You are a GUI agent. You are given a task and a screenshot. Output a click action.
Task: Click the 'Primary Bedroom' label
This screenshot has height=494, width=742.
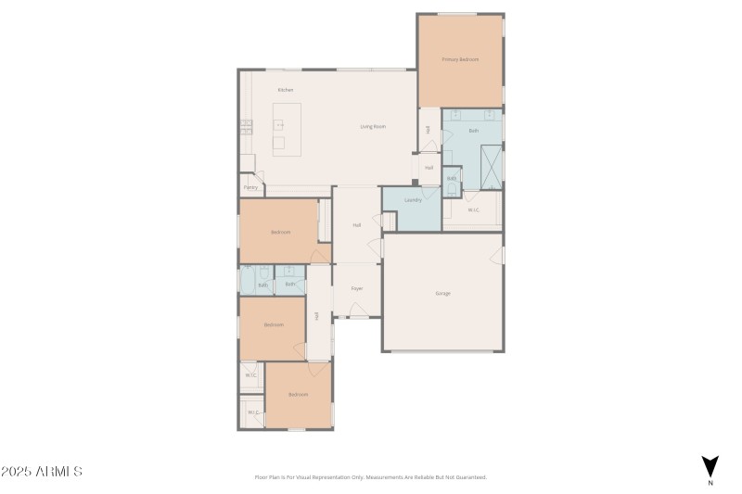[x=460, y=59]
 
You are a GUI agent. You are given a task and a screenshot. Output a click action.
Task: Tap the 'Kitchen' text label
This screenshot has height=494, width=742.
[x=286, y=90]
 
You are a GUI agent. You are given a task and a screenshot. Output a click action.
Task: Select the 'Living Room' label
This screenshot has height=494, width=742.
[x=373, y=126]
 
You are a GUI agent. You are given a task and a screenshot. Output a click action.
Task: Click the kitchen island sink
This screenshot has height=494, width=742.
[x=278, y=123]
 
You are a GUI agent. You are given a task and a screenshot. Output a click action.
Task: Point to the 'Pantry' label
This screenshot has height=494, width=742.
[x=250, y=187]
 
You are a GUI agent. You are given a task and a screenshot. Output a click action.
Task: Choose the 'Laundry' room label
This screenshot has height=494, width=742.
[x=414, y=200]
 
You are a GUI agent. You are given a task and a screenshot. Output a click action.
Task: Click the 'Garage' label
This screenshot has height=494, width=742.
[x=443, y=293]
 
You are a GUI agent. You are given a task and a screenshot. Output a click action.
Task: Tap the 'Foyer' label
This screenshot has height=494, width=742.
[x=356, y=288]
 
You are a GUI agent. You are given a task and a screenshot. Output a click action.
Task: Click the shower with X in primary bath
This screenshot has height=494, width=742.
[x=490, y=165]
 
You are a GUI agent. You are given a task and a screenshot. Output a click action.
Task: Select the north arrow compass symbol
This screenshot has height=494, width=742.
[x=710, y=466]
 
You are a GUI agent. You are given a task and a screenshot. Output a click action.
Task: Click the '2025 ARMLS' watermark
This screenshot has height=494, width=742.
[x=42, y=472]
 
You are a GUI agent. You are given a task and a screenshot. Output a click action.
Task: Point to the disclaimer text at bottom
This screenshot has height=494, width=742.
[x=370, y=477]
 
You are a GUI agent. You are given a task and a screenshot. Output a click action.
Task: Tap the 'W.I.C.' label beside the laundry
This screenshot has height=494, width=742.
[x=473, y=210]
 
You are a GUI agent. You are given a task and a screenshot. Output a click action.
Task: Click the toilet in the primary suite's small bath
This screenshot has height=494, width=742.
[x=452, y=188]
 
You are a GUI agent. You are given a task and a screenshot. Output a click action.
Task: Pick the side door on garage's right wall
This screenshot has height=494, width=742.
[x=502, y=254]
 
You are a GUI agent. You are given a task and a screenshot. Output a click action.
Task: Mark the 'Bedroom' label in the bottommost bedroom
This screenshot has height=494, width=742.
[x=298, y=395]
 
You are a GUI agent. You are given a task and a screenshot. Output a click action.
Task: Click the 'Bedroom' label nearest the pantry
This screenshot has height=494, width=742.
[x=281, y=232]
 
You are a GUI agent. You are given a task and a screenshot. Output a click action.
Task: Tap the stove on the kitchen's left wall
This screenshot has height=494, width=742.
[x=246, y=127]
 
